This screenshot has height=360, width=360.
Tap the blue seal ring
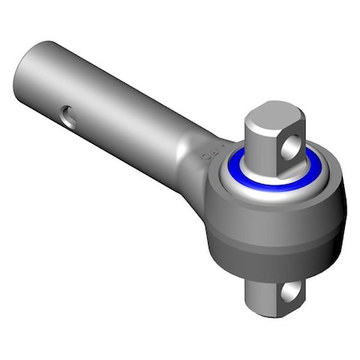click(240, 183)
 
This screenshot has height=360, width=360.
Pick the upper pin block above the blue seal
click(268, 144)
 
